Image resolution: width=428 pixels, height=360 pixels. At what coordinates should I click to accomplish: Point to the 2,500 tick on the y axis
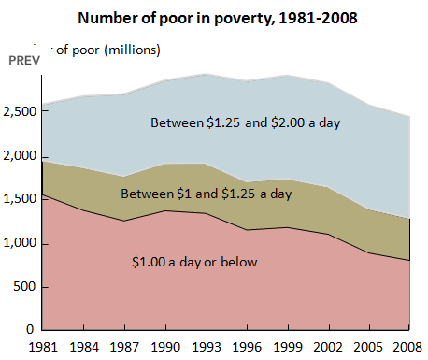point(21,112)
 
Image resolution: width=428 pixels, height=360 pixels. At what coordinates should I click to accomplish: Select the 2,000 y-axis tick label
point(21,156)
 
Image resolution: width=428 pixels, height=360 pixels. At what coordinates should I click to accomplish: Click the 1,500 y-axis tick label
point(21,200)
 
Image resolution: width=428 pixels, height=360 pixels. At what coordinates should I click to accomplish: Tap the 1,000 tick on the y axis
point(21,244)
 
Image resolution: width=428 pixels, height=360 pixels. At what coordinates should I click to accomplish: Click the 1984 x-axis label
point(85,348)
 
